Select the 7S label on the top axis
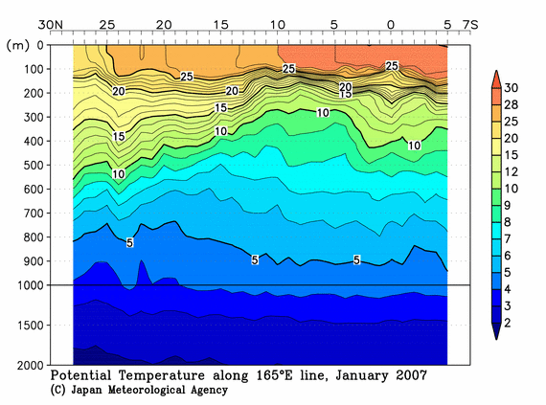[x=470, y=22]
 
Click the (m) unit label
[x=17, y=45]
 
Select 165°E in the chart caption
[x=275, y=376]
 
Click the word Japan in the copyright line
[x=91, y=391]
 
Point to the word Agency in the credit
[x=204, y=391]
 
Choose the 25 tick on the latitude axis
[x=106, y=22]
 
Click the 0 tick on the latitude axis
[x=389, y=22]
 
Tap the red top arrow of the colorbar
[x=496, y=76]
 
